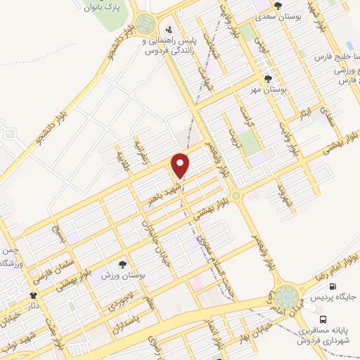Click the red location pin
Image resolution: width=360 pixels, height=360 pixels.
181,165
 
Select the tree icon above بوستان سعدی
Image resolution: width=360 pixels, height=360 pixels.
278,6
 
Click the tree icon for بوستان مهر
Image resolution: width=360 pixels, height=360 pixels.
267,79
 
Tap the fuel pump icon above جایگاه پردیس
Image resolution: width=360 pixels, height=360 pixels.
333,286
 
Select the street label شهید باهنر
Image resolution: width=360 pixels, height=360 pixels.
160,193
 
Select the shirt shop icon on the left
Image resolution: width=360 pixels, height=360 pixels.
33,296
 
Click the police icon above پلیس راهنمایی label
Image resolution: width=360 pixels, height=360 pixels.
169,30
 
